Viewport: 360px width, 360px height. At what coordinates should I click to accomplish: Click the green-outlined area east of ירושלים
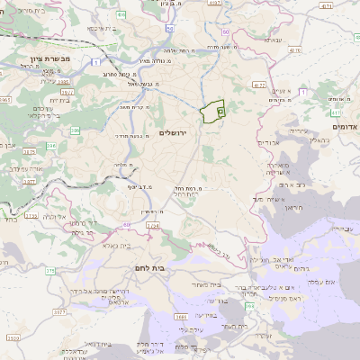click(211, 112)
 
